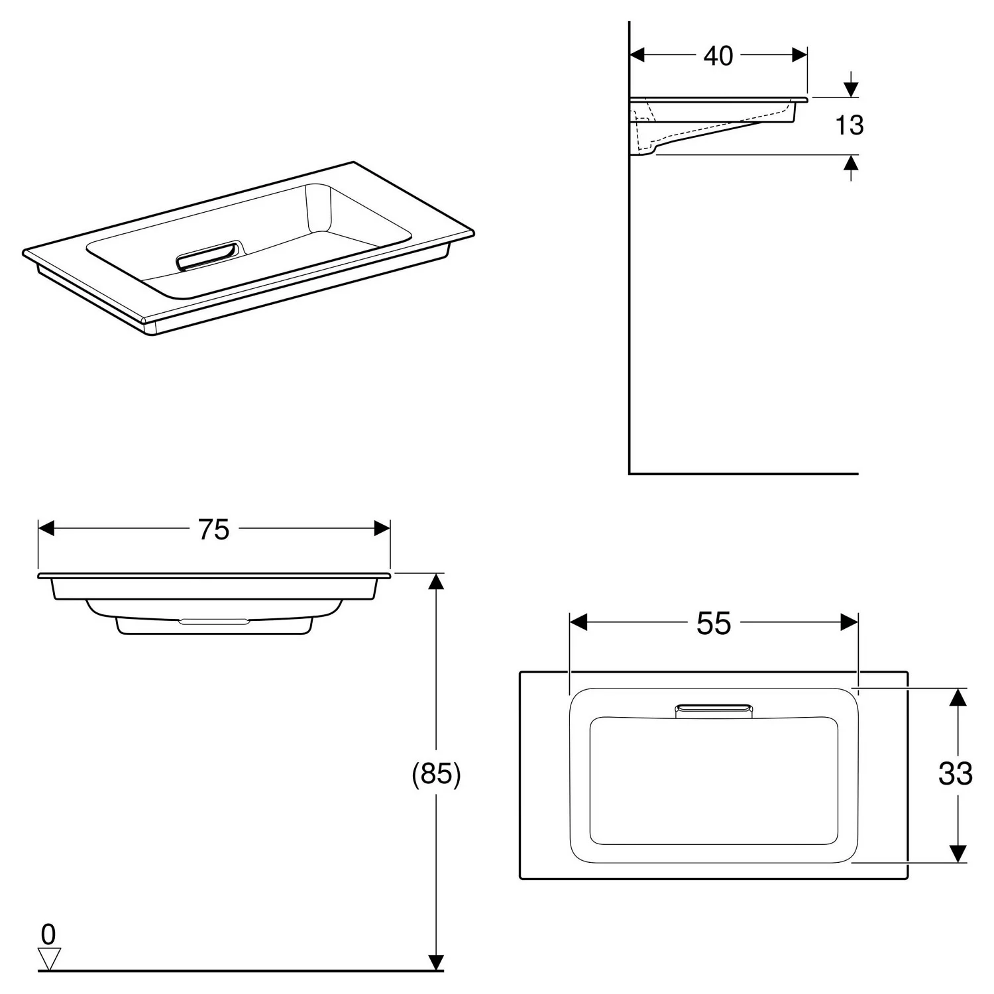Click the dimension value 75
point(213,529)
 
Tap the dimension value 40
point(718,56)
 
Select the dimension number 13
point(849,125)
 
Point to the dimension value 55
point(714,623)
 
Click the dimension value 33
point(955,773)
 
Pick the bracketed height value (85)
point(436,773)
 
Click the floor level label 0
point(48,934)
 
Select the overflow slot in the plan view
point(714,710)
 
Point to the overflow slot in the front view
point(214,622)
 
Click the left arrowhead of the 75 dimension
point(46,528)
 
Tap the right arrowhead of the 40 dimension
point(800,55)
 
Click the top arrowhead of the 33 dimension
point(958,696)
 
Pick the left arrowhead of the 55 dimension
point(578,622)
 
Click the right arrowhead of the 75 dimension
point(382,528)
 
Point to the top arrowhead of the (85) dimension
point(435,581)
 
